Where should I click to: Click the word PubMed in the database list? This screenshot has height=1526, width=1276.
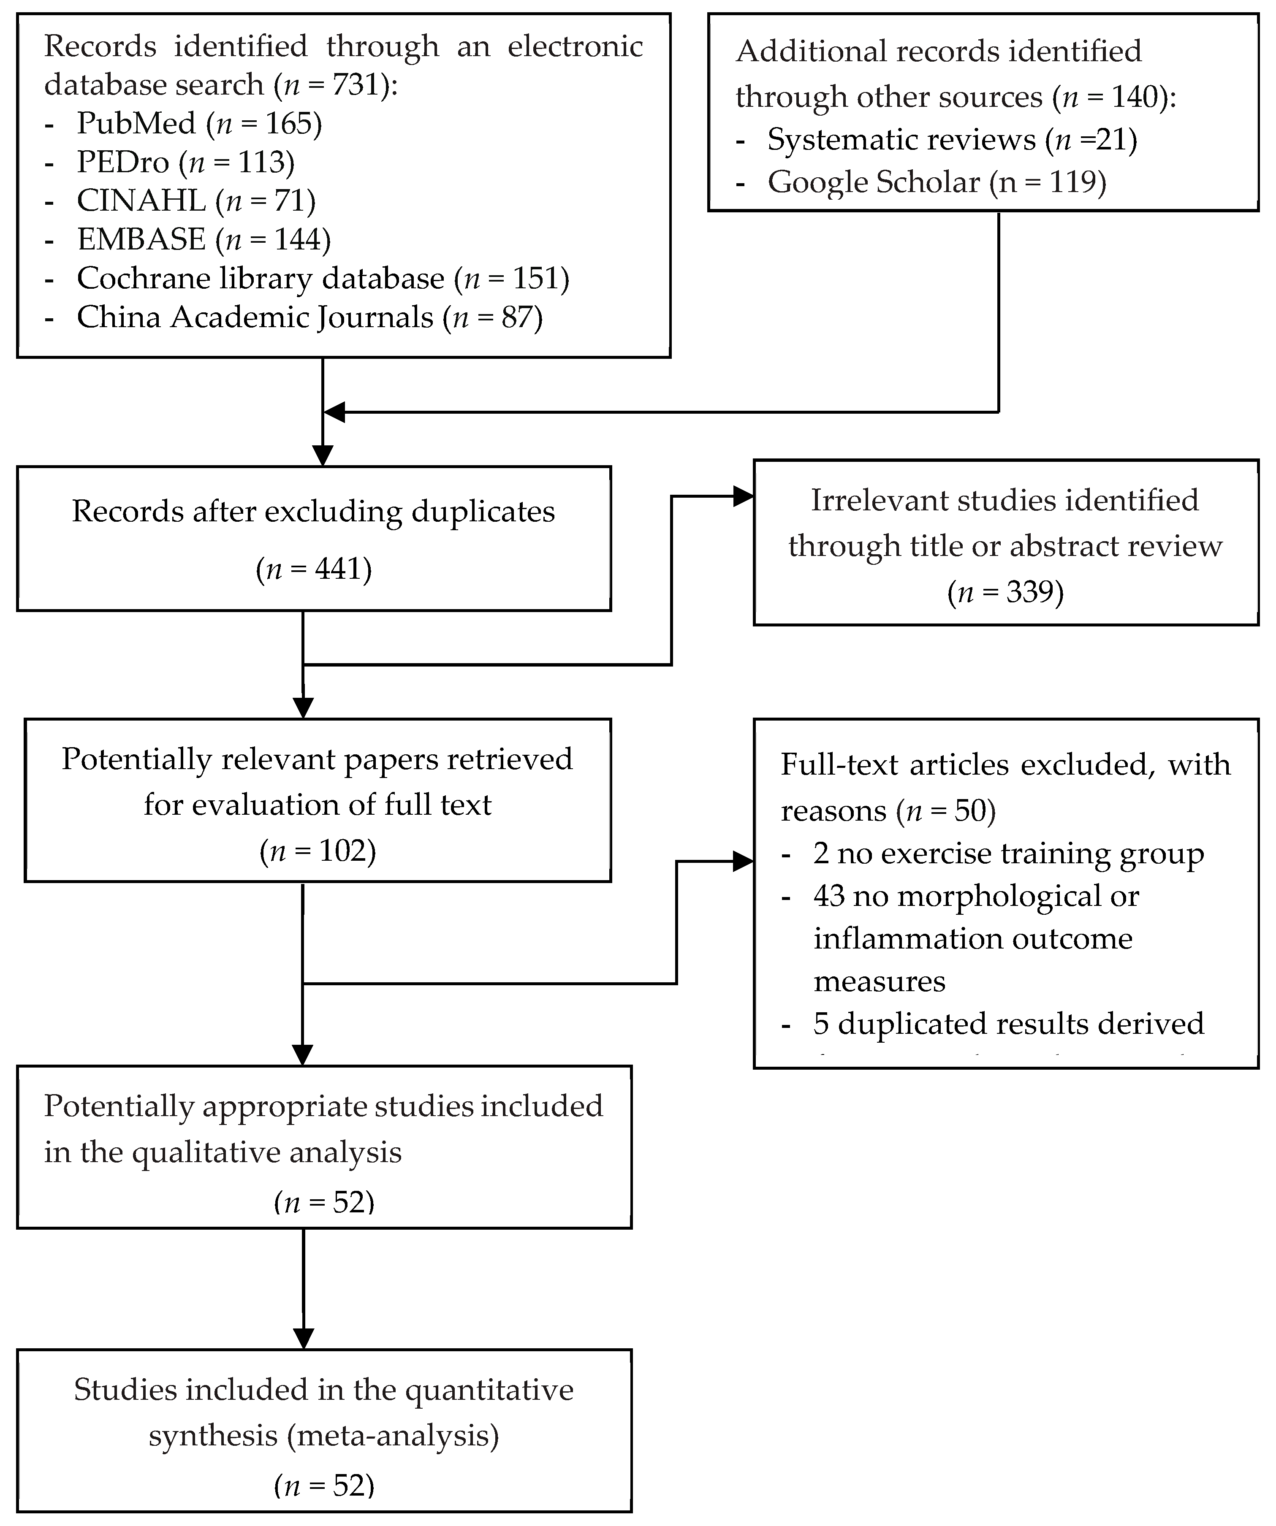point(136,124)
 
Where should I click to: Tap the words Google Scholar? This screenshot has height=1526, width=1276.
point(874,182)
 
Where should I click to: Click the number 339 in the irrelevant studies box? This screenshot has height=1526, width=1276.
point(1030,592)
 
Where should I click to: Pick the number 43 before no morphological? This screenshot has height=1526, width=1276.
point(828,896)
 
